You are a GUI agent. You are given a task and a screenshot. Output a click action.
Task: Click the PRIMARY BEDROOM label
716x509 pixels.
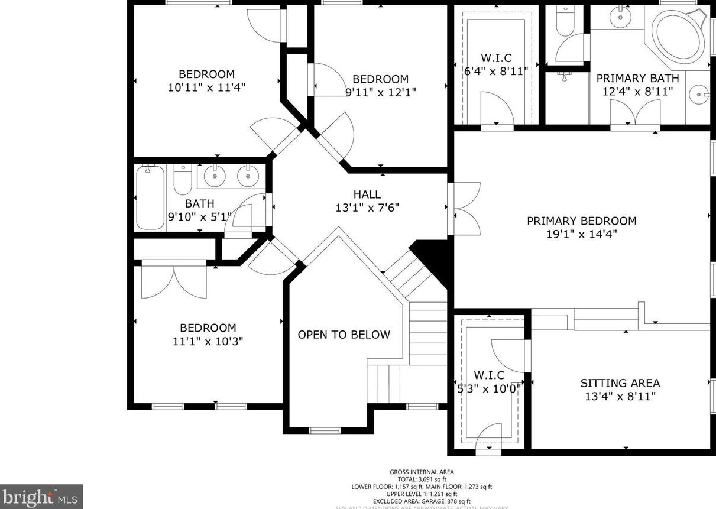(582, 221)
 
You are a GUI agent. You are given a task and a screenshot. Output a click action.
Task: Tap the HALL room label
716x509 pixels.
(367, 194)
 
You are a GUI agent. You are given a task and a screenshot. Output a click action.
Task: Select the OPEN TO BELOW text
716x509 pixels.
(344, 335)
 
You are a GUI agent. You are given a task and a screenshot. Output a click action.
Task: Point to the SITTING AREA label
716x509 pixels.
(620, 383)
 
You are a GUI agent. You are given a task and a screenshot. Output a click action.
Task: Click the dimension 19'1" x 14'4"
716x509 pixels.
(582, 234)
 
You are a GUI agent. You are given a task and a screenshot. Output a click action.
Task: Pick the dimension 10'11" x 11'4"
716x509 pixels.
(206, 87)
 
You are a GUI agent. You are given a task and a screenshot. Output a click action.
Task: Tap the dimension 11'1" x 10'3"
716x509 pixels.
(208, 341)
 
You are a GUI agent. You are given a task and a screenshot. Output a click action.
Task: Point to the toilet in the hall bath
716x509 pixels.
(183, 180)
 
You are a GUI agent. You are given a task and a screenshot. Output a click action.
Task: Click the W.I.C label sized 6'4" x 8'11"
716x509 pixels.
(495, 58)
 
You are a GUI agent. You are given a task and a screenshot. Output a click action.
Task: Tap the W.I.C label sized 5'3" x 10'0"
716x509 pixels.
(489, 375)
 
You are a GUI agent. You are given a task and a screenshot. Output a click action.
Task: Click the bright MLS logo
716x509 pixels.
(41, 497)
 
